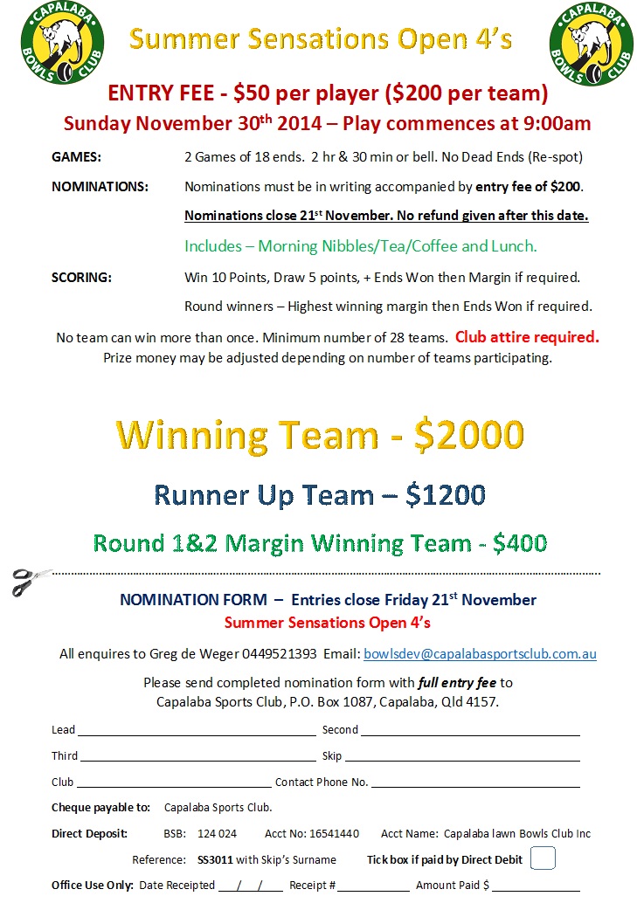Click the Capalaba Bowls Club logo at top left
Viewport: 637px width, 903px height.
tap(62, 42)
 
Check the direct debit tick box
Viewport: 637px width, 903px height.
tap(543, 858)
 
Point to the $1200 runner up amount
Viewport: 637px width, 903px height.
tap(445, 495)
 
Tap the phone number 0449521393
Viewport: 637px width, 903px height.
tap(277, 653)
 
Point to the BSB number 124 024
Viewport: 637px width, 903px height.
tap(217, 833)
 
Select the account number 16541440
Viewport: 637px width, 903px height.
tap(330, 833)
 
